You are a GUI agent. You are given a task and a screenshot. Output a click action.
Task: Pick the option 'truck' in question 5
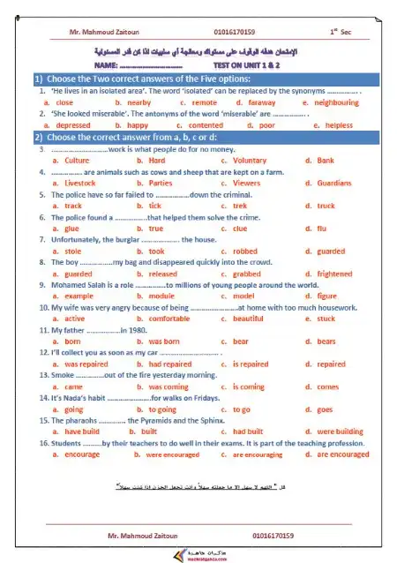(x=326, y=206)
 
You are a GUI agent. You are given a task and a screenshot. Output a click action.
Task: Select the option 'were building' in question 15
(x=339, y=432)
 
